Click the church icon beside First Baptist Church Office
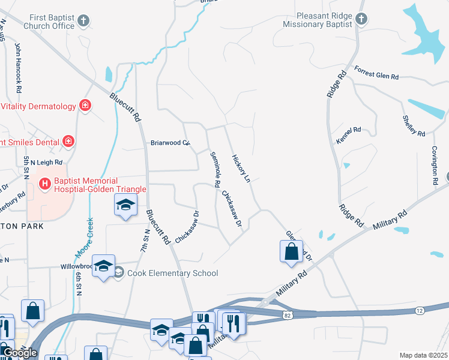click(x=83, y=21)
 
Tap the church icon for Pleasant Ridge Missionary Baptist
click(x=361, y=19)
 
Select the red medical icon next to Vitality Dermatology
click(x=85, y=106)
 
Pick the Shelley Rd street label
click(x=414, y=124)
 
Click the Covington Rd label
click(x=435, y=164)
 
